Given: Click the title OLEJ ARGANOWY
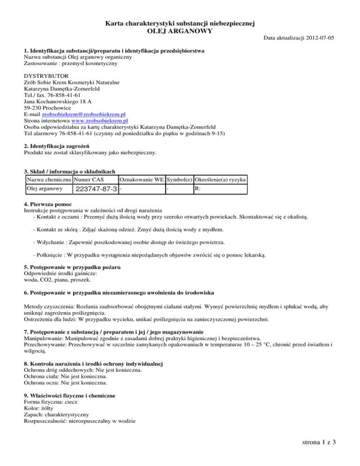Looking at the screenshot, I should click(x=180, y=31).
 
